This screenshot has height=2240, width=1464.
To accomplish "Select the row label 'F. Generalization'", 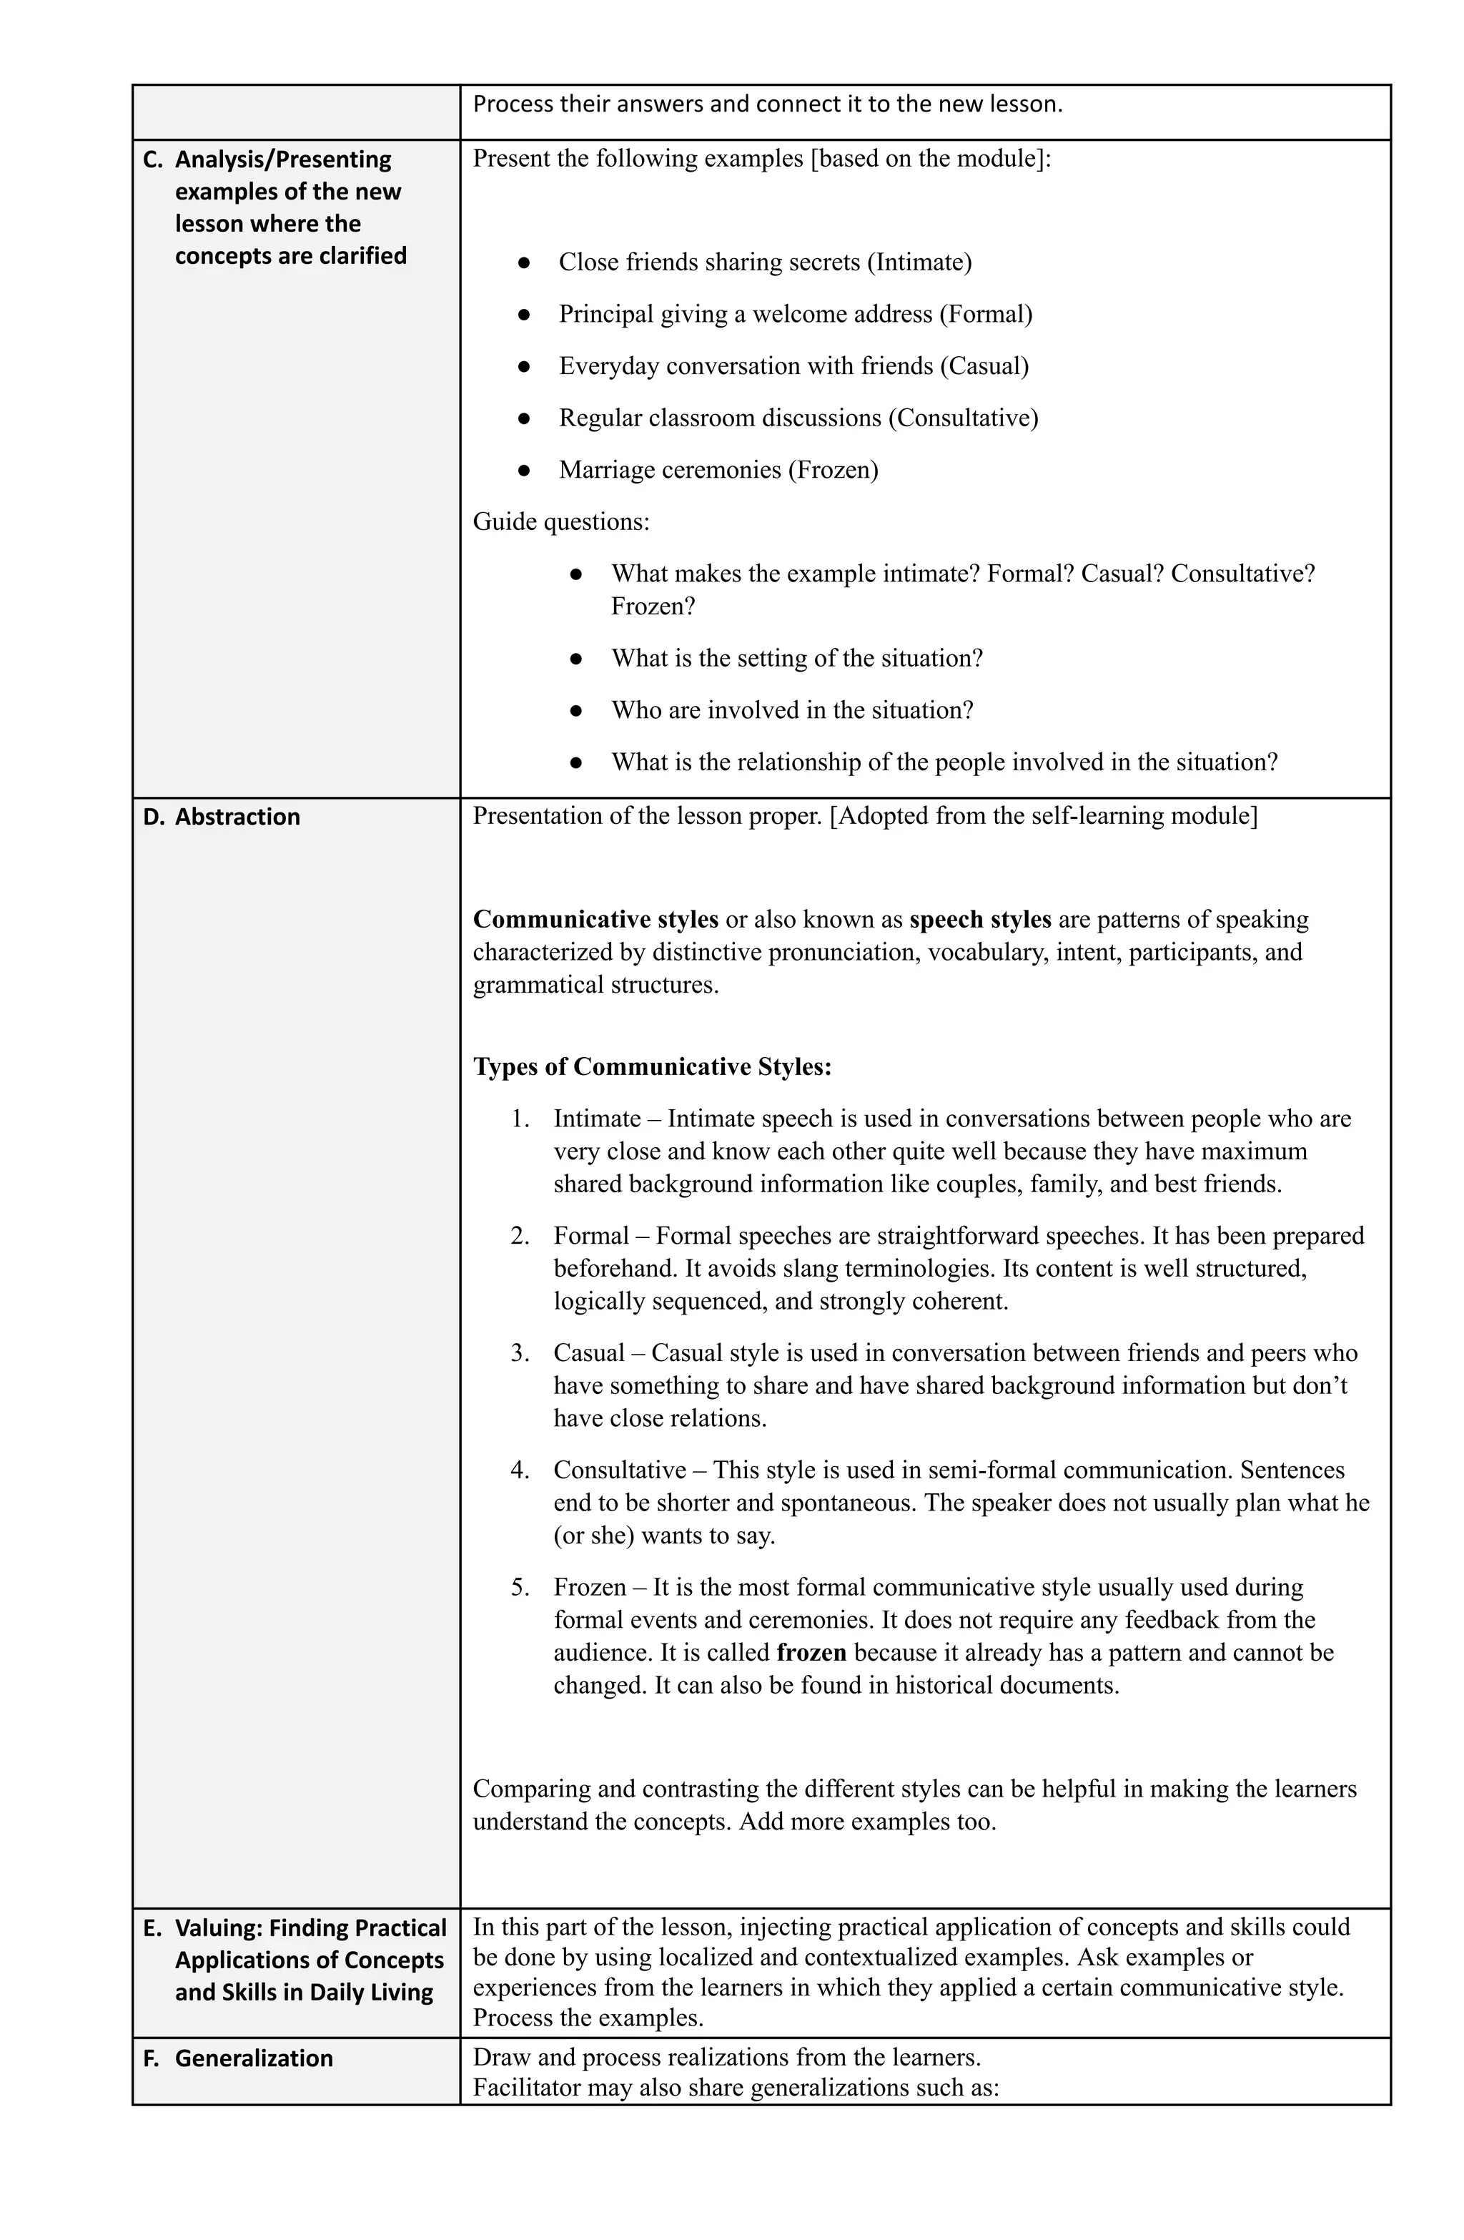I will pos(237,2058).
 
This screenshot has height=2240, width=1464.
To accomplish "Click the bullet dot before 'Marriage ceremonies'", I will pos(524,470).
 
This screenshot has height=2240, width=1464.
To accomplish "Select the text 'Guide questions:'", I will pos(560,521).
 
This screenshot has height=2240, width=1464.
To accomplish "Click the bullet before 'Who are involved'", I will pos(577,711).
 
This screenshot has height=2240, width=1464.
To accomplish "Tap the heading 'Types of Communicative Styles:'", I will pos(652,1066).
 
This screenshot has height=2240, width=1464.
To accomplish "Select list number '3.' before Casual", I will pos(520,1352).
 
